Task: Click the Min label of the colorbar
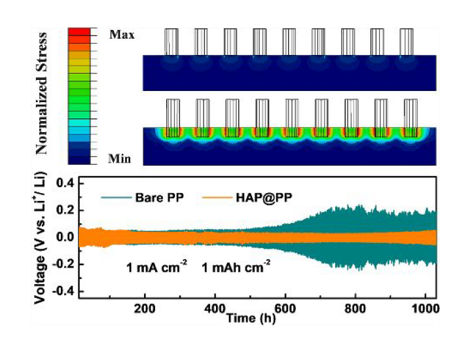[x=119, y=158]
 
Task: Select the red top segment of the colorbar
[x=82, y=32]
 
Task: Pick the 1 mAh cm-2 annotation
[x=234, y=266]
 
